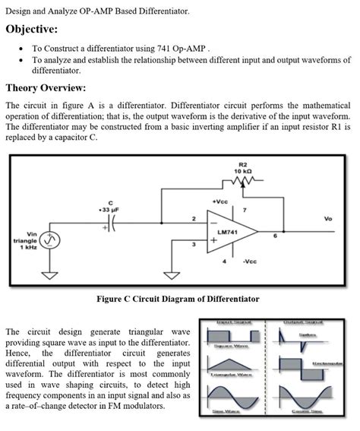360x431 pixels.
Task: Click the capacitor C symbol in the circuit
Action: pyautogui.click(x=112, y=227)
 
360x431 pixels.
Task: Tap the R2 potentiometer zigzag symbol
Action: pyautogui.click(x=242, y=182)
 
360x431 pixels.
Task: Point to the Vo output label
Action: pyautogui.click(x=327, y=219)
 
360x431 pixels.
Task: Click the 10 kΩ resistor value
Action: pyautogui.click(x=242, y=171)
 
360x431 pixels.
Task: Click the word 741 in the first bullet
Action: pyautogui.click(x=169, y=48)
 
